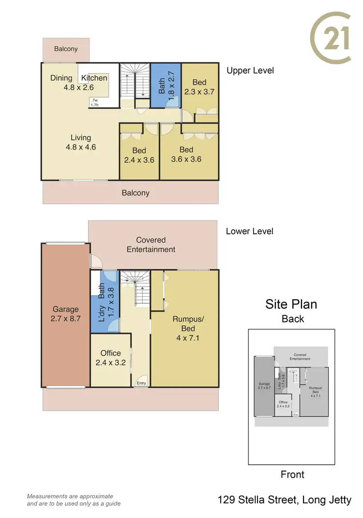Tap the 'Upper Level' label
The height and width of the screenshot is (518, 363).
[x=250, y=71]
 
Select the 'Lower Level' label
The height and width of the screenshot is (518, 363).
[x=249, y=231]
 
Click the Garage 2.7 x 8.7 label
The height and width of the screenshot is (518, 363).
[x=66, y=314]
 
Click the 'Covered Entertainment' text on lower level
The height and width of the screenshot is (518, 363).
[x=151, y=244]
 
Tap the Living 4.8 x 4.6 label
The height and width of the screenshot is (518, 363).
[x=80, y=142]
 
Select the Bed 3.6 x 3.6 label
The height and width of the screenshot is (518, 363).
[x=186, y=154]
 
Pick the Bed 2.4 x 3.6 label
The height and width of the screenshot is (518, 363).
[x=139, y=155]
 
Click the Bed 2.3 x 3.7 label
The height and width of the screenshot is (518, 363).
[x=199, y=87]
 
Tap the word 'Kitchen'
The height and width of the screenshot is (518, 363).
[x=94, y=78]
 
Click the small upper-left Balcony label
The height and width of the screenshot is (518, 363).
[x=66, y=49]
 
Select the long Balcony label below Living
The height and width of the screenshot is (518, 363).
[x=136, y=193]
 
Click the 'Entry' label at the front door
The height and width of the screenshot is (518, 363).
[x=141, y=383]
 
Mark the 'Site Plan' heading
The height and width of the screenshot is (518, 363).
[x=291, y=304]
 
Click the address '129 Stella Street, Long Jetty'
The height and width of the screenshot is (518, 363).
[x=285, y=500]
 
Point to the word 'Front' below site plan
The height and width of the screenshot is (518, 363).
[x=293, y=474]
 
